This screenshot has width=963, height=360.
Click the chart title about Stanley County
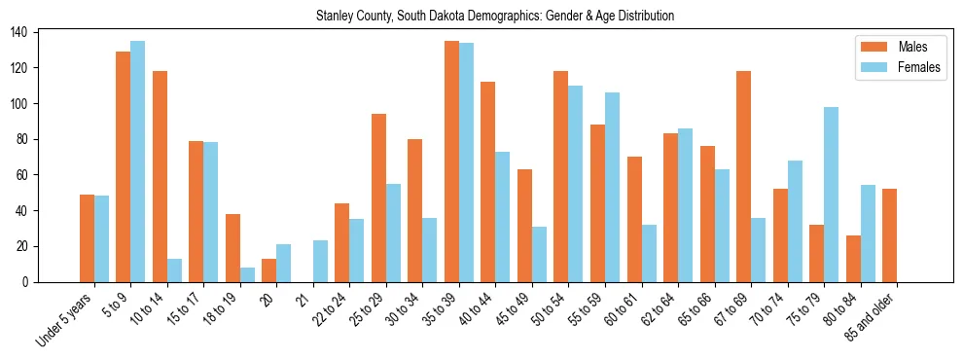point(495,17)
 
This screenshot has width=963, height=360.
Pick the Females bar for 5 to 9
point(138,162)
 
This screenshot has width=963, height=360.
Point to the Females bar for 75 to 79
point(832,195)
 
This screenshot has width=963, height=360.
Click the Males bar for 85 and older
point(890,235)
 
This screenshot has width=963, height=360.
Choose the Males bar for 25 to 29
point(378,198)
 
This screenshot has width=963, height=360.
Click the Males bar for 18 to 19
point(232,248)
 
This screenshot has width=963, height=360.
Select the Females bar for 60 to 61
point(649,254)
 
